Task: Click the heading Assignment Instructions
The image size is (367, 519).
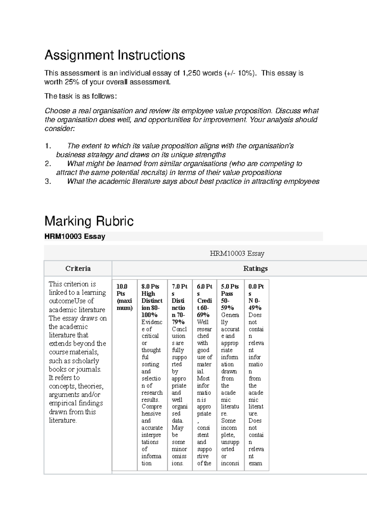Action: (115, 55)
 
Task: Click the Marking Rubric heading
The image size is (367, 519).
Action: (89, 221)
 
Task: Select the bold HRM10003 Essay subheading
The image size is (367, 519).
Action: (75, 236)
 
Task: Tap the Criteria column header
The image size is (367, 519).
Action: (78, 268)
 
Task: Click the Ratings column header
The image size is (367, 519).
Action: (255, 268)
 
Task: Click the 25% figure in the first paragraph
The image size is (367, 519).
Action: (71, 82)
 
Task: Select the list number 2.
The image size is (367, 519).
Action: (47, 164)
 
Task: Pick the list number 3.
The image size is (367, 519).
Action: (47, 182)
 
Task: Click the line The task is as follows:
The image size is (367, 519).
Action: (81, 96)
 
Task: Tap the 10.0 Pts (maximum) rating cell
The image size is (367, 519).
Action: (124, 374)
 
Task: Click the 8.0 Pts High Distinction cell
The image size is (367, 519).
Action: (152, 374)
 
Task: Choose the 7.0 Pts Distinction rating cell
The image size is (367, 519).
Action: (180, 374)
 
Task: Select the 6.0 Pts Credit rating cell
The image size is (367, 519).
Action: (204, 374)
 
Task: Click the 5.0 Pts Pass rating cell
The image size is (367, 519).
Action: (230, 374)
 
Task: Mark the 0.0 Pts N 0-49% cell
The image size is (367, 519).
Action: (256, 374)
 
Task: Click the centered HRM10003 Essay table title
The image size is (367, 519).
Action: (237, 253)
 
